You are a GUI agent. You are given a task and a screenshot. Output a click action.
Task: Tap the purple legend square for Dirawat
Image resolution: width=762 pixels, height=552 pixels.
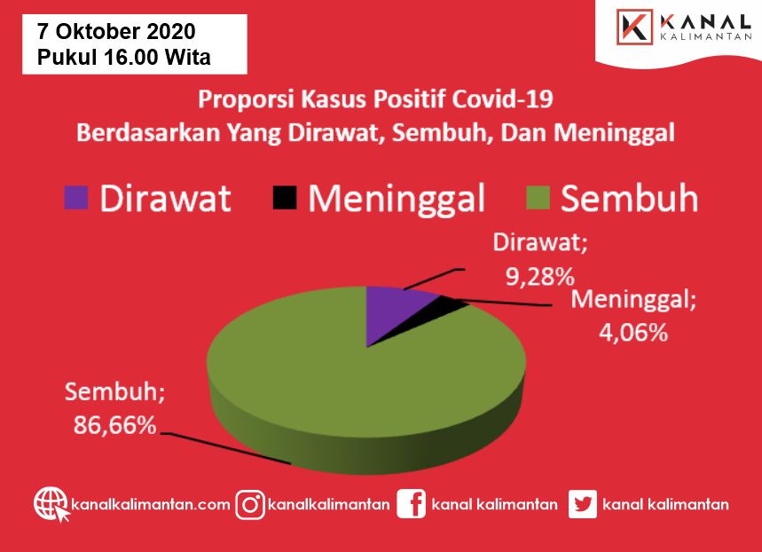[75, 198]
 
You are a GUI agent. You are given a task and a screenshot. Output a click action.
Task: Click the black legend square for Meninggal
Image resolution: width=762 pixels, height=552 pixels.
[284, 198]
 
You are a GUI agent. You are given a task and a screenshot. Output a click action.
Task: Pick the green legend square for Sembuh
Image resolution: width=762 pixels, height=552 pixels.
[538, 198]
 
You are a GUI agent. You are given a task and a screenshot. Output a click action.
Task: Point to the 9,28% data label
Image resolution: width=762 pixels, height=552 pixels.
[540, 277]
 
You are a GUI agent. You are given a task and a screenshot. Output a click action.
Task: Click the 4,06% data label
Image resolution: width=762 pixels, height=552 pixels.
[633, 333]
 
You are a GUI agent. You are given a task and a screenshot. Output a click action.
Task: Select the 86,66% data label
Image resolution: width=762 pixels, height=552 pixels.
[114, 425]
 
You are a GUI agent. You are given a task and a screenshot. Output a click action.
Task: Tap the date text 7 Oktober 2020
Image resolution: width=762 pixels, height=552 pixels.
[116, 32]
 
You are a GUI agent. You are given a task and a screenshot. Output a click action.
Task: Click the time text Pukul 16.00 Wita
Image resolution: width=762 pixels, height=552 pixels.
[124, 57]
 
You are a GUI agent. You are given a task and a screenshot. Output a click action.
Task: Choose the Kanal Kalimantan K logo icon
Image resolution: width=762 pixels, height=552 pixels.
[634, 28]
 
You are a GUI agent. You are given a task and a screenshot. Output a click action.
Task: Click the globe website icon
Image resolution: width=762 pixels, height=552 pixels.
[51, 504]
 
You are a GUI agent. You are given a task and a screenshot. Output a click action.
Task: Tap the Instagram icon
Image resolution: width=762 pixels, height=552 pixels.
[250, 505]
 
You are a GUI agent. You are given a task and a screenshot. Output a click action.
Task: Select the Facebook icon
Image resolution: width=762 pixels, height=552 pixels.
[411, 504]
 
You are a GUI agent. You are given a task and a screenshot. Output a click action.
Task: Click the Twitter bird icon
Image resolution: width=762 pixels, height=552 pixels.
[583, 504]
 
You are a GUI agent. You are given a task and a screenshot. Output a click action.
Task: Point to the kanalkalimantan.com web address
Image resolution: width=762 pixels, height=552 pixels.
[151, 504]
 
